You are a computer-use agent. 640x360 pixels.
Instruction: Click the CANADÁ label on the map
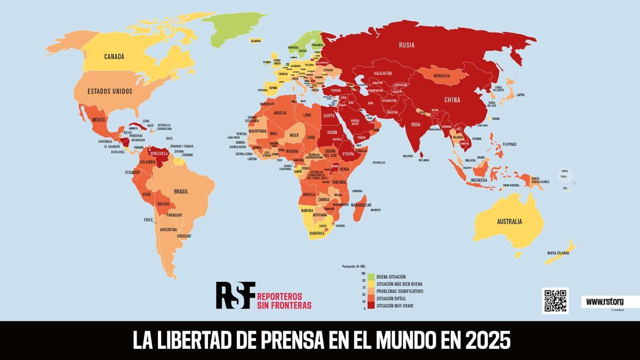(x=114, y=57)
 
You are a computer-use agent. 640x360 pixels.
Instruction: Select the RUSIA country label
(x=406, y=45)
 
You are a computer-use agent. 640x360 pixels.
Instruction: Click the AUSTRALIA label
(x=509, y=221)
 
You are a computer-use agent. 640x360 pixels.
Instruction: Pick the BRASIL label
(x=181, y=191)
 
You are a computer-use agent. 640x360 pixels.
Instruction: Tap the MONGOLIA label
(x=442, y=76)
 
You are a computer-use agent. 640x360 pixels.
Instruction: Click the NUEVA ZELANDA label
(x=558, y=253)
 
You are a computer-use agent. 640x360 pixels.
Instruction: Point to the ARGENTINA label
(x=169, y=229)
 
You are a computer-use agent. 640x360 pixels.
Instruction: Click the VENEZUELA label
(x=159, y=154)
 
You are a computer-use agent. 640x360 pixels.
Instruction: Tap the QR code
(x=555, y=301)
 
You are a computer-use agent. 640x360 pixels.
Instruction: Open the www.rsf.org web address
(x=605, y=302)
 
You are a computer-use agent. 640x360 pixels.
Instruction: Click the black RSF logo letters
(x=235, y=295)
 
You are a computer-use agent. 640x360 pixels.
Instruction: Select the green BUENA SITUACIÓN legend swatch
(x=371, y=276)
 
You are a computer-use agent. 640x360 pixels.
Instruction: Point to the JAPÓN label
(x=521, y=95)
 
